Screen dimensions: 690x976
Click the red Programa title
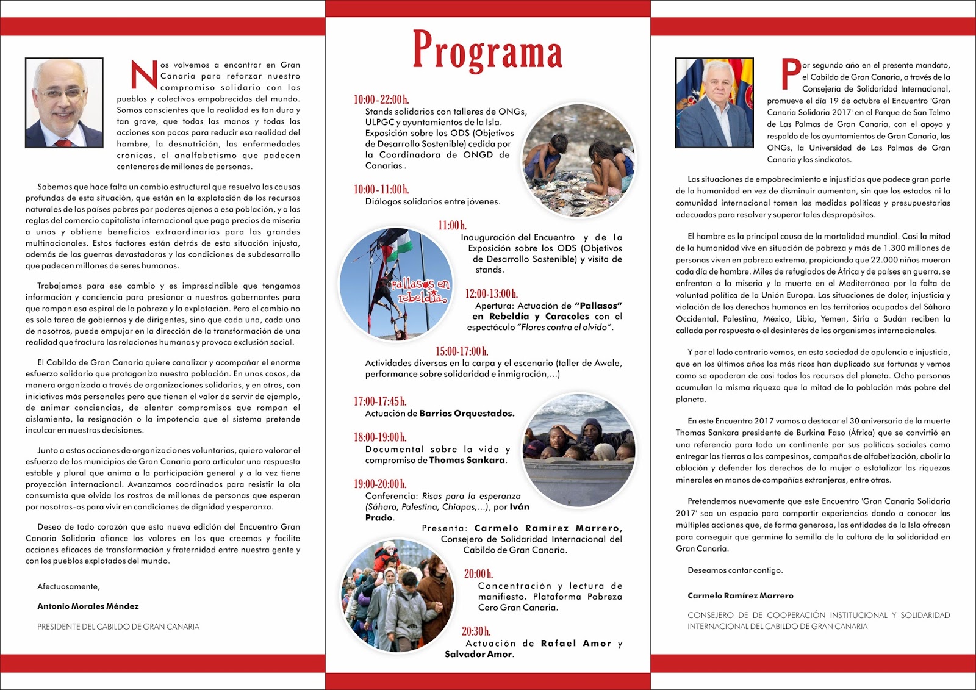(487, 50)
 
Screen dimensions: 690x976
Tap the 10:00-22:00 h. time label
(381, 99)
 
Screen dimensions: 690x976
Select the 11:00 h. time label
(452, 225)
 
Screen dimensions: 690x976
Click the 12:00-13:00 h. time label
(491, 293)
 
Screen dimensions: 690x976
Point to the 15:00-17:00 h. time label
(461, 351)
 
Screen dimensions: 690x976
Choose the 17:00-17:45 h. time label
(379, 401)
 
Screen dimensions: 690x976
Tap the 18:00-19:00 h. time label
(379, 437)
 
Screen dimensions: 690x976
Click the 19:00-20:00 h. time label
(379, 484)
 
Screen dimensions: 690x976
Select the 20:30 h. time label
(476, 631)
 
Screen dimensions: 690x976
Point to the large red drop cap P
(791, 74)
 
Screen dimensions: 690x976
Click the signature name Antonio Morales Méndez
(88, 606)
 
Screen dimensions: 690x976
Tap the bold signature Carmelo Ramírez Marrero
(740, 595)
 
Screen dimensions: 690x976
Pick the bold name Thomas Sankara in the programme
(467, 460)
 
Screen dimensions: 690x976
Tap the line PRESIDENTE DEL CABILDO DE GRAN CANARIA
(118, 627)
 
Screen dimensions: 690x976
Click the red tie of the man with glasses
(63, 143)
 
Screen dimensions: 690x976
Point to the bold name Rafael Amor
(575, 643)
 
